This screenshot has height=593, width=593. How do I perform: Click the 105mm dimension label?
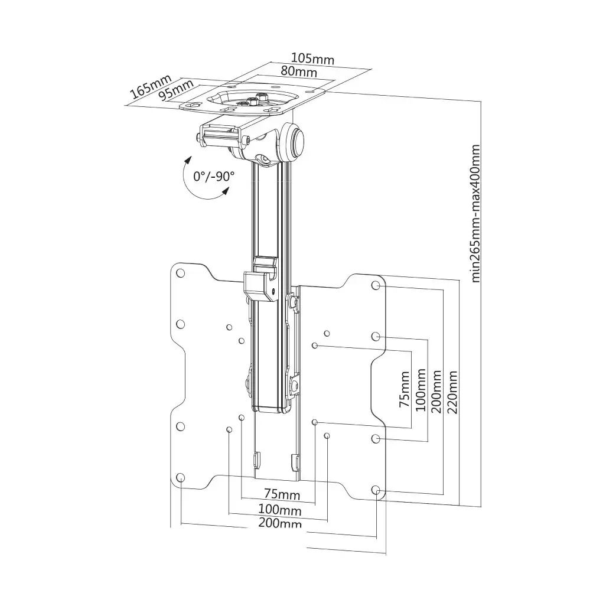click(312, 59)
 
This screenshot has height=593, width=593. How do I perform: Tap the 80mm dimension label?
click(298, 72)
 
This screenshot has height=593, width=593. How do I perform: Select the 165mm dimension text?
click(151, 86)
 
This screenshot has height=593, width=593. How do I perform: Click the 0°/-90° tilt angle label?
click(214, 176)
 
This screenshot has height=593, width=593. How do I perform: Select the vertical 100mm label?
click(421, 391)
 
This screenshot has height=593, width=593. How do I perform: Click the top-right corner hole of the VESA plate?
click(376, 285)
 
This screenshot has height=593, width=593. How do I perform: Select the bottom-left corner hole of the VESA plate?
click(181, 477)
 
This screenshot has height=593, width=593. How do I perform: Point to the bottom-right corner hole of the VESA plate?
click(376, 490)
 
